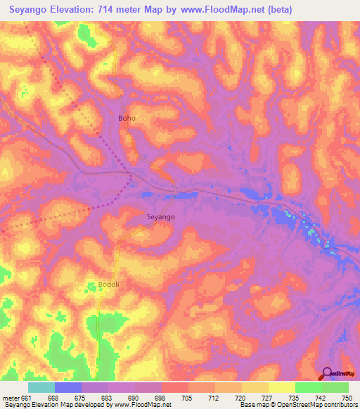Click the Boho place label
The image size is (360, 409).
127,118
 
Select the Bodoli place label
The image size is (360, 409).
99,285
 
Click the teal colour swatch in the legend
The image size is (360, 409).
41,387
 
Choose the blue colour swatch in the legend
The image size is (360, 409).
68,387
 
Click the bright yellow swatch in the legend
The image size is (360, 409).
281,387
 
